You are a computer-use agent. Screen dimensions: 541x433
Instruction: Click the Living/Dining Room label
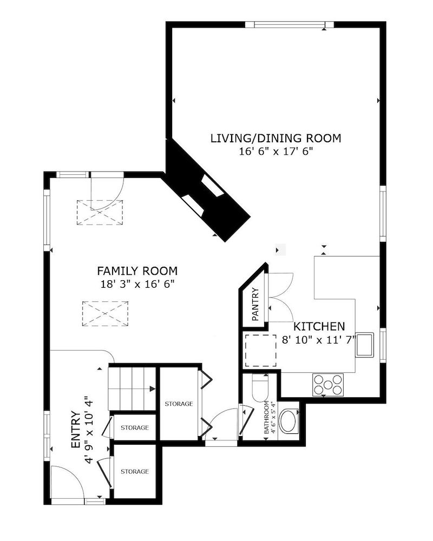(x=275, y=138)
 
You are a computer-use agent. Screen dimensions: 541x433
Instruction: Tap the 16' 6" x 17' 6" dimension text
(x=275, y=152)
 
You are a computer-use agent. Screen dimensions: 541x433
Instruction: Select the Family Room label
(x=137, y=270)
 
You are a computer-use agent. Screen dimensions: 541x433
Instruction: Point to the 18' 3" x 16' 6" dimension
(x=137, y=283)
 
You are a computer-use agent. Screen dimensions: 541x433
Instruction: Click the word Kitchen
(x=319, y=327)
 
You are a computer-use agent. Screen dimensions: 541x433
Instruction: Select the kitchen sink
(x=364, y=345)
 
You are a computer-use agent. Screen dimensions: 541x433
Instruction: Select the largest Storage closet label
(x=179, y=404)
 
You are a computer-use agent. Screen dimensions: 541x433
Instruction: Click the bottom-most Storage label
(x=135, y=471)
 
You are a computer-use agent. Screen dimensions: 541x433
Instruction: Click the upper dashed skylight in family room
(x=100, y=212)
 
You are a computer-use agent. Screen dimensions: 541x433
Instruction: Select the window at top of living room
(x=289, y=24)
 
